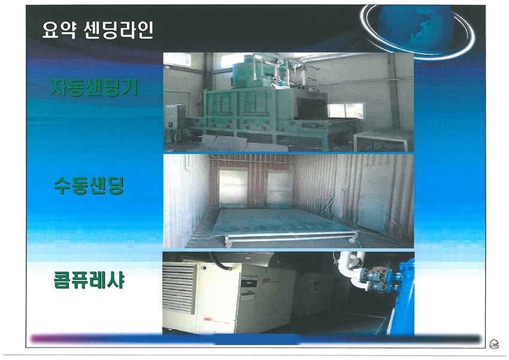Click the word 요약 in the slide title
[x=59, y=31]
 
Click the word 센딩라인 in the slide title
[x=118, y=31]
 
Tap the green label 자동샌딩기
[x=94, y=87]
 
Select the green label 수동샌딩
[x=89, y=186]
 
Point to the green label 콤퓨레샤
[x=89, y=280]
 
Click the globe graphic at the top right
[x=417, y=31]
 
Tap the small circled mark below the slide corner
[x=494, y=343]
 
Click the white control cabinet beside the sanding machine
[x=174, y=123]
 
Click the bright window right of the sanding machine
[x=346, y=111]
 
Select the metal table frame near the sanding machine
[x=383, y=140]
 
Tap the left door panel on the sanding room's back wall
[x=233, y=187]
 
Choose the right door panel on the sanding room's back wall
[x=280, y=188]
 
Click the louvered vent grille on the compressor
[x=179, y=289]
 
